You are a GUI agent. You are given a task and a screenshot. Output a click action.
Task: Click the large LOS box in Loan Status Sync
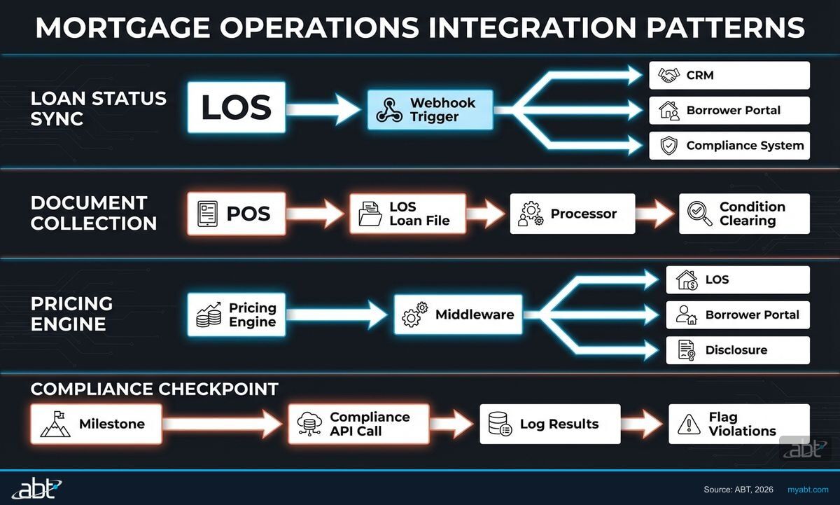(x=236, y=107)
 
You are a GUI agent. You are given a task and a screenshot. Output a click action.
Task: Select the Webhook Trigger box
(x=430, y=110)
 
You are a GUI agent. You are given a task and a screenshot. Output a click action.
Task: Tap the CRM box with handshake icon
(x=729, y=75)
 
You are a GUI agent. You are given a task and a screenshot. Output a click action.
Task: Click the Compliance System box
(x=729, y=146)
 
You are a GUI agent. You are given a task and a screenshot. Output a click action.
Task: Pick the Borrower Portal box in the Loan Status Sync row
(x=729, y=111)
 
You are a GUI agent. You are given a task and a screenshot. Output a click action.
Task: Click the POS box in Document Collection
(x=236, y=214)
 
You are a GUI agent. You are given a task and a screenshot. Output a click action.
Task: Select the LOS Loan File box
(x=407, y=214)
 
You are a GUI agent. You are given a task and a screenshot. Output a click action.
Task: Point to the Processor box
(x=572, y=214)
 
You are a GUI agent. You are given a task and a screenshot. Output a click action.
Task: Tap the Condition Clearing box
(x=743, y=214)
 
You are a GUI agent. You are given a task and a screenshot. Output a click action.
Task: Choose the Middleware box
(x=458, y=315)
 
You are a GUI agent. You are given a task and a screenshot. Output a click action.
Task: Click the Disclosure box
(x=737, y=350)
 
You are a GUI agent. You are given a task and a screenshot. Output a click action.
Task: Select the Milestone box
(x=96, y=424)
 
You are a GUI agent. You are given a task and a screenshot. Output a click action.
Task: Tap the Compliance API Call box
(x=358, y=424)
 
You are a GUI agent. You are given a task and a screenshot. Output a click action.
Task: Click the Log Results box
(x=549, y=424)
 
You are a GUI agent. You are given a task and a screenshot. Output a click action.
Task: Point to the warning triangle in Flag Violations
(x=689, y=424)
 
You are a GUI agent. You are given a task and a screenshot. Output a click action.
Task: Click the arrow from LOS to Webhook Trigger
(x=323, y=109)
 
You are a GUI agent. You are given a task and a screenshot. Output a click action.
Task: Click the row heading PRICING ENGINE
(x=71, y=314)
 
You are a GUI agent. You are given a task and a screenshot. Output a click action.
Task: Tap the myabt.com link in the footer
(x=808, y=489)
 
